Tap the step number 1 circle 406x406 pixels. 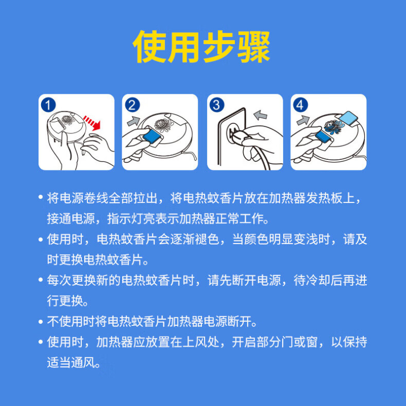(47, 105)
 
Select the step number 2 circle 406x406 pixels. (132, 105)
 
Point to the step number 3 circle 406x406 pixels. (217, 105)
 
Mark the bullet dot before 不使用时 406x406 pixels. (41, 322)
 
